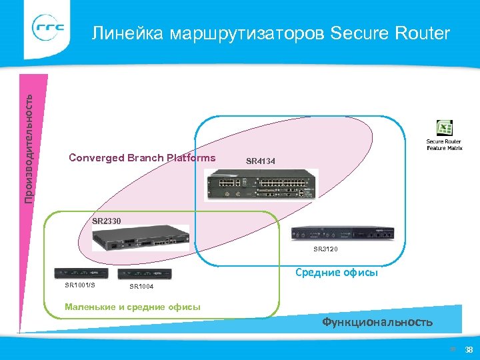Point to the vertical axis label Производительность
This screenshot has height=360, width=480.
[29, 147]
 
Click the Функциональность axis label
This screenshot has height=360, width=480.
[377, 322]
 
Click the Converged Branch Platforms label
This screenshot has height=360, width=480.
[143, 158]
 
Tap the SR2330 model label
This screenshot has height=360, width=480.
[107, 220]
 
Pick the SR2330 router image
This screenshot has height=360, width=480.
[140, 239]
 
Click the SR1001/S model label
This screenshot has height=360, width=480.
[80, 285]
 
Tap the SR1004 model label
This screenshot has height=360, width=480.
[141, 287]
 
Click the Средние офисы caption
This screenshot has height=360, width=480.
[337, 272]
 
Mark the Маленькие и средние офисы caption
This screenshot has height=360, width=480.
[131, 307]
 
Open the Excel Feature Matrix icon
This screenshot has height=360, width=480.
[445, 129]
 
